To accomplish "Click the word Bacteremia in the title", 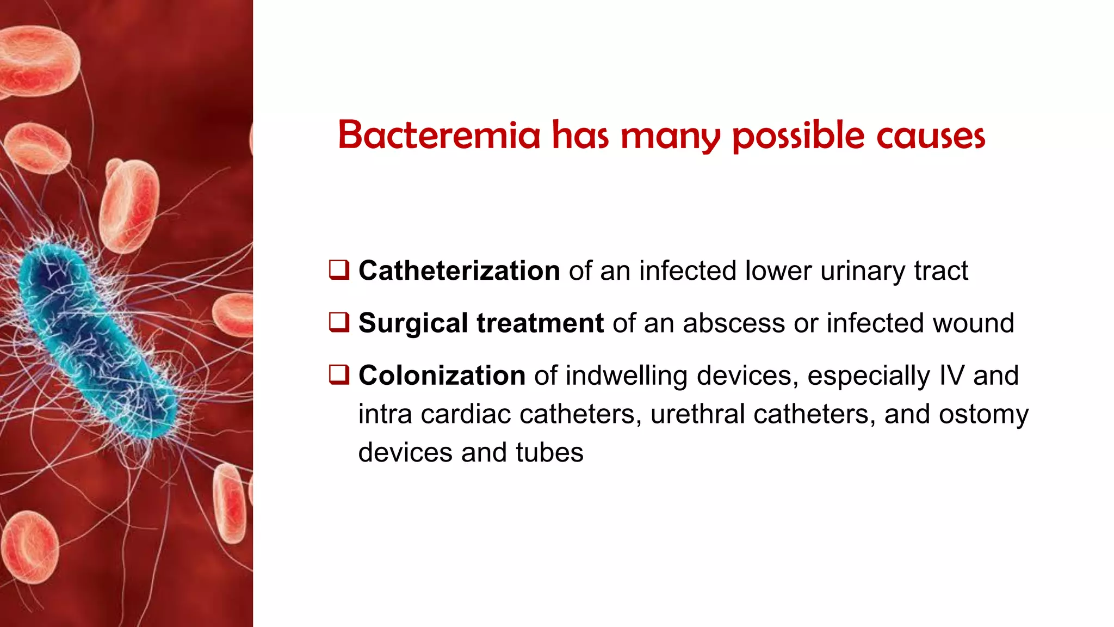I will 439,135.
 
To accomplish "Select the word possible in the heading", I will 798,136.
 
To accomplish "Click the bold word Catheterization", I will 459,271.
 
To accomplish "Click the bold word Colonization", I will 442,376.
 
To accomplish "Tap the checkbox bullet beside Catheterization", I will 339,270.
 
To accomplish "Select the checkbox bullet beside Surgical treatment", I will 339,322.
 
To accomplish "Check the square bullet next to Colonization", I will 339,374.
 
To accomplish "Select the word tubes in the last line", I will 549,453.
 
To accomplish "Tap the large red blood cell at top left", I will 38,60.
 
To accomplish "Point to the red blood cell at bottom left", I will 30,547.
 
